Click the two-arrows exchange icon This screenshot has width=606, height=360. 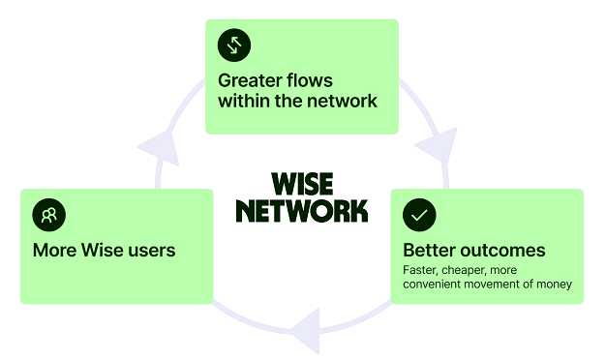tap(234, 45)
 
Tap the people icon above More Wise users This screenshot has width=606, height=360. tap(49, 215)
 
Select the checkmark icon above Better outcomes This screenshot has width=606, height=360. tap(419, 215)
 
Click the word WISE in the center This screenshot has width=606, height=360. tap(302, 184)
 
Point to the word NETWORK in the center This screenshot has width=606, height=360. tap(302, 211)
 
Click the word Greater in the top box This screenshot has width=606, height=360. tap(246, 81)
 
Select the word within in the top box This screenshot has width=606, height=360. tap(244, 101)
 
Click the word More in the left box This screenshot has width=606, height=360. tap(55, 251)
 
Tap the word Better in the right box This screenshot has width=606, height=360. tap(430, 251)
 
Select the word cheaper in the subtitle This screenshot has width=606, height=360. tap(464, 270)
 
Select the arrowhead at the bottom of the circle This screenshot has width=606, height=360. tap(307, 331)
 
